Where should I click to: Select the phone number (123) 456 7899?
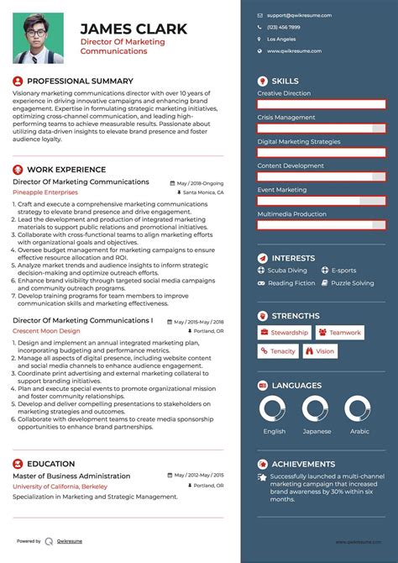pyautogui.click(x=284, y=27)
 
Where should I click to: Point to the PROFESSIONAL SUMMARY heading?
pyautogui.click(x=80, y=82)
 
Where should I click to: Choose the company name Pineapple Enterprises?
pyautogui.click(x=45, y=192)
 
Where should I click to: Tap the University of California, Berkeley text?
pyautogui.click(x=60, y=487)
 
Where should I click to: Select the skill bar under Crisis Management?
pyautogui.click(x=322, y=129)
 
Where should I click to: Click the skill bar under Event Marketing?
pyautogui.click(x=322, y=201)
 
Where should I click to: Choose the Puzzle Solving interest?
pyautogui.click(x=352, y=283)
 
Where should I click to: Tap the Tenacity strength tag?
pyautogui.click(x=278, y=351)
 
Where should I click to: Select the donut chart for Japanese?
pyautogui.click(x=317, y=409)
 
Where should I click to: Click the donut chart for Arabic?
pyautogui.click(x=359, y=409)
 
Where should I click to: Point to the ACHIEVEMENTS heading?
pyautogui.click(x=302, y=464)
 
